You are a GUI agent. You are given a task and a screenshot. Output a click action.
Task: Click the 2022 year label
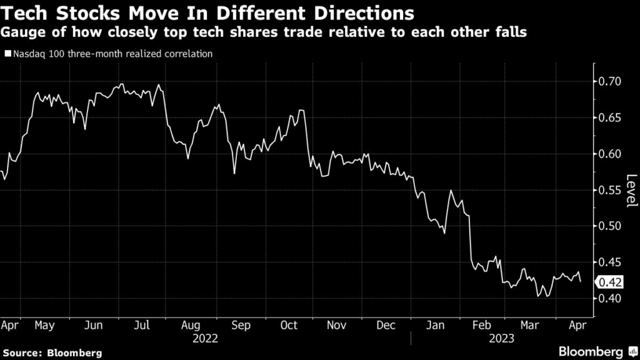click(x=206, y=338)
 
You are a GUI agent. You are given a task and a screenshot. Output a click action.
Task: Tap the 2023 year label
click(x=502, y=338)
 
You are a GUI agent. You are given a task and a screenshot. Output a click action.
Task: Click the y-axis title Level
click(x=631, y=190)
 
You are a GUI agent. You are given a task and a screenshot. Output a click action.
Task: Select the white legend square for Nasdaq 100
click(x=7, y=54)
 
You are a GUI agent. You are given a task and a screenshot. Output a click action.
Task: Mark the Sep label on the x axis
click(x=241, y=326)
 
